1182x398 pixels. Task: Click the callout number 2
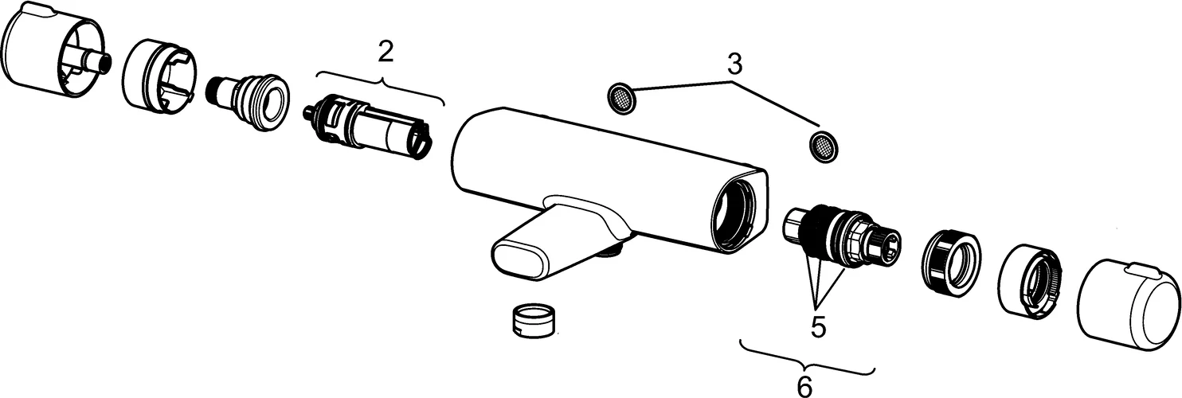point(386,53)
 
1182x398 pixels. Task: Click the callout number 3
point(734,64)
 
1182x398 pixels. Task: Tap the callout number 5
point(818,326)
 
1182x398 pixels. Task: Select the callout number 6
point(804,386)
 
